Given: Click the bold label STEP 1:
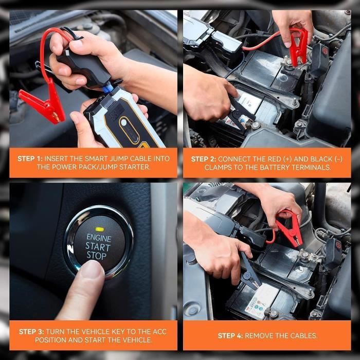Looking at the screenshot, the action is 30,158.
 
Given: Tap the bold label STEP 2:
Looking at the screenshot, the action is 204,159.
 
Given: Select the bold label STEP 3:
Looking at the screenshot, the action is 31,332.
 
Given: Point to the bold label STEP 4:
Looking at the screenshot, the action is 230,336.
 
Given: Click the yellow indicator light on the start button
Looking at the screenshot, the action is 100,229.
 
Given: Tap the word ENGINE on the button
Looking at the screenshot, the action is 99,238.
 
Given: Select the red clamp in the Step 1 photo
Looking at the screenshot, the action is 44,103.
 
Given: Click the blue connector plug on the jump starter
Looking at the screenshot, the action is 107,88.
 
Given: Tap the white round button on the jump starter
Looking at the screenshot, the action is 124,122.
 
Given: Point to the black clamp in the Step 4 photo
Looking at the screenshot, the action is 250,271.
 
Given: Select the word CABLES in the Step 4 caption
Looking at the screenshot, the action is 304,336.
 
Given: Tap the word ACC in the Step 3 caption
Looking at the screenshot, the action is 160,332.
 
